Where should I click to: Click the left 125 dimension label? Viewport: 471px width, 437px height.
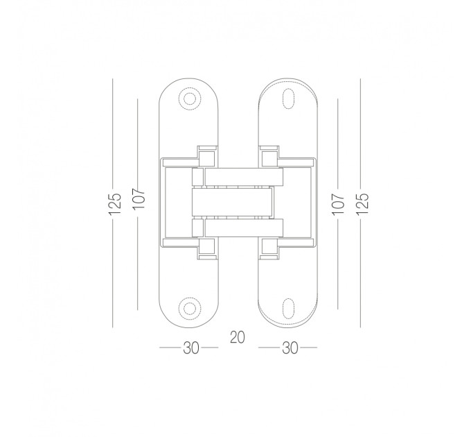coord(115,204)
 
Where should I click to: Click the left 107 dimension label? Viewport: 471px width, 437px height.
coord(139,199)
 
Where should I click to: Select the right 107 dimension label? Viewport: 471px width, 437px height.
coord(337,204)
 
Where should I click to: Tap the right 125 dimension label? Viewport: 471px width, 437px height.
coord(362,204)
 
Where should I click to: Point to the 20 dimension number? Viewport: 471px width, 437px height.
coord(238,337)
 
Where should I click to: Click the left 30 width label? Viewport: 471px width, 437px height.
coord(191,348)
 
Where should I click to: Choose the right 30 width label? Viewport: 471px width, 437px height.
coord(290,348)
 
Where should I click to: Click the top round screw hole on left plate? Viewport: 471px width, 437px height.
coord(189,98)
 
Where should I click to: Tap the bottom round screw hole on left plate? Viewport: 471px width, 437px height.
coord(189,308)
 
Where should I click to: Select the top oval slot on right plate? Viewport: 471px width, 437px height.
coord(288,98)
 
